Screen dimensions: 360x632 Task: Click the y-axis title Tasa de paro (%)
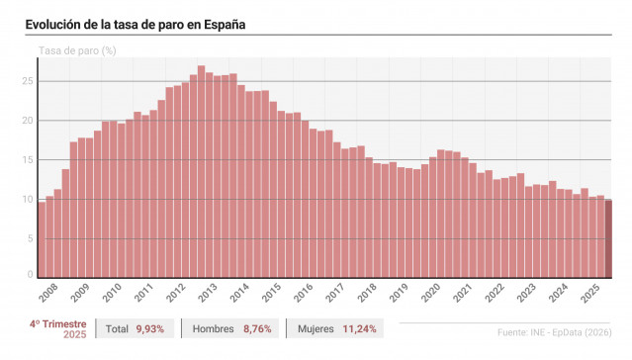point(77,50)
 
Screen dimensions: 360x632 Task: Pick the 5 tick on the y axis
point(31,237)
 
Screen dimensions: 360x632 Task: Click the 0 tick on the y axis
point(31,276)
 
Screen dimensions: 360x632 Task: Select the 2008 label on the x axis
point(47,294)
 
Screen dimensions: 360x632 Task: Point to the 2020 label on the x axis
point(430,294)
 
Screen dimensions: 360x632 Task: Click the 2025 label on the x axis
point(590,294)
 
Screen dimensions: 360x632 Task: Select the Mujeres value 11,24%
point(358,328)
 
